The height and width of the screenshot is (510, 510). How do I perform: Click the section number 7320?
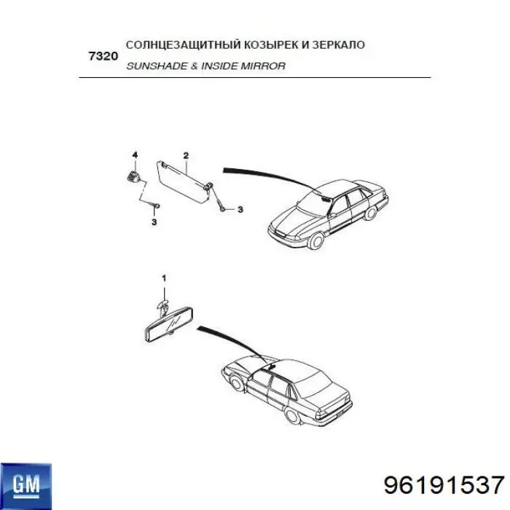point(103,56)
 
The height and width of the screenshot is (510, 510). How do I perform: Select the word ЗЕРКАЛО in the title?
point(338,44)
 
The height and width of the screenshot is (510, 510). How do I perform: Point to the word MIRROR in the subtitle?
point(263,66)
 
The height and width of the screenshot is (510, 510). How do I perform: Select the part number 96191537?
point(444,485)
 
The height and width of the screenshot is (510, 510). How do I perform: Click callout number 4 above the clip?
point(135,154)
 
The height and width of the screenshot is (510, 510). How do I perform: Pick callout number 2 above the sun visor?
point(186,155)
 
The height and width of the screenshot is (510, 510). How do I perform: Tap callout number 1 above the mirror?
point(164,278)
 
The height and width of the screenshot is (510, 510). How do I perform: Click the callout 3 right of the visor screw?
point(240,209)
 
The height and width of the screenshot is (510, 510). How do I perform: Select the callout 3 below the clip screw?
point(154,222)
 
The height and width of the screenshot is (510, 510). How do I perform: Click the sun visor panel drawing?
point(184,182)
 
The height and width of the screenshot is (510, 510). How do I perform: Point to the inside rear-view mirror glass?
point(168,324)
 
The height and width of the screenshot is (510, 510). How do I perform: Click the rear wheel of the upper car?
point(370,213)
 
